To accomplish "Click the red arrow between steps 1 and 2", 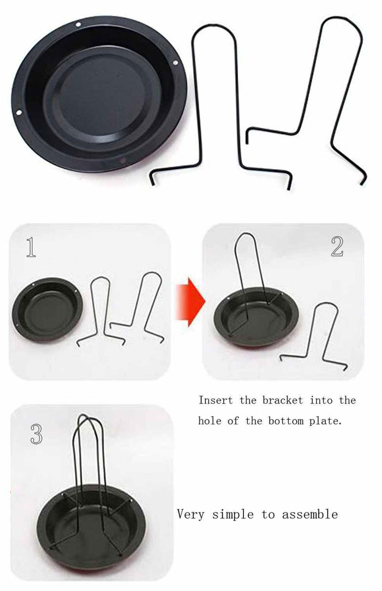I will tap(189, 299).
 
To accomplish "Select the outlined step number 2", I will tap(337, 247).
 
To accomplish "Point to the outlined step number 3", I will tap(35, 434).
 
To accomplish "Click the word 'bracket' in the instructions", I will tap(282, 400).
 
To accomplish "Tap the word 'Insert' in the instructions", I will tap(216, 400).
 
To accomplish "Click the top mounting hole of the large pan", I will tap(79, 25).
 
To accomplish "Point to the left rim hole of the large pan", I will tap(18, 113).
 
